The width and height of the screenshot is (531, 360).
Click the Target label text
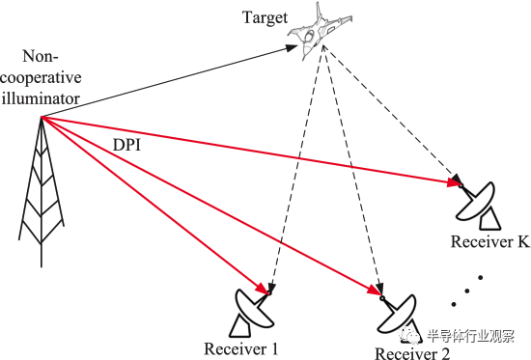point(265,18)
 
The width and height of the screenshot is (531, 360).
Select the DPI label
point(126,145)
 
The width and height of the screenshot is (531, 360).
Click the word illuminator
point(41,98)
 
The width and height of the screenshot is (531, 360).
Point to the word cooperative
point(41,78)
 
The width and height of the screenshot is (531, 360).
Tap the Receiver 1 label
point(240,348)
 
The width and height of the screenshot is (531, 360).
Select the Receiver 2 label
point(412,353)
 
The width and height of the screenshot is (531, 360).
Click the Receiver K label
point(489,242)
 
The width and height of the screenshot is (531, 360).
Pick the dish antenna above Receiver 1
point(253,313)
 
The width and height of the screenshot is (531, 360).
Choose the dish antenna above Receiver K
point(479,207)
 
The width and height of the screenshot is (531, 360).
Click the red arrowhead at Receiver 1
point(262,289)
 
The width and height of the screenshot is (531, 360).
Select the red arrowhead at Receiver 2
point(375,290)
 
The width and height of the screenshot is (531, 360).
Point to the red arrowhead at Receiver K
point(453,182)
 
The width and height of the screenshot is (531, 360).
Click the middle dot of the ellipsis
point(467,291)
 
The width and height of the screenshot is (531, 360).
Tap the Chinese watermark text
point(471,336)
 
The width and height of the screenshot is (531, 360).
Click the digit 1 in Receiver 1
point(274,348)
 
